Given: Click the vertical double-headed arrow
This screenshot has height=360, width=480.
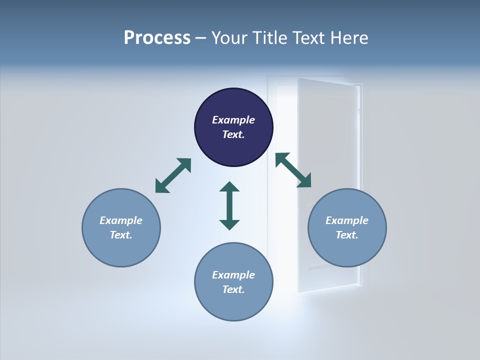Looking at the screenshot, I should click(x=229, y=205).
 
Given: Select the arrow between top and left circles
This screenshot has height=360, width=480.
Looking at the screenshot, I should click(x=173, y=175).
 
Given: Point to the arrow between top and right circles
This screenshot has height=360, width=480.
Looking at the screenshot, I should click(x=293, y=170).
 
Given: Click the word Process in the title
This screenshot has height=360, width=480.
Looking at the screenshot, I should click(x=157, y=37).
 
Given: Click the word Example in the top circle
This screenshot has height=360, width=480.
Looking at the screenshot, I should click(x=233, y=120).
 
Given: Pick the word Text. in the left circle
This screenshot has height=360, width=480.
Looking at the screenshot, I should click(x=121, y=235).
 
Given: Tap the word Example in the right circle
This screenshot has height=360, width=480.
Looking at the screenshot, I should click(x=347, y=220).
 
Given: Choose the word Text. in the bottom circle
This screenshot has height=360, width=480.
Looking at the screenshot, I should click(x=233, y=289).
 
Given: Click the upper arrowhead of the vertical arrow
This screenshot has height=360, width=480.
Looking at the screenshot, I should click(x=229, y=187).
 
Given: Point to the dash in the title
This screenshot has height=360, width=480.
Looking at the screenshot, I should click(x=201, y=38).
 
